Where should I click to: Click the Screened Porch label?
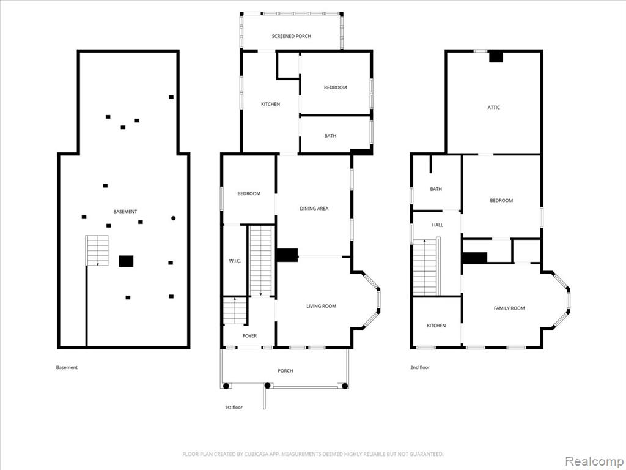click(292, 36)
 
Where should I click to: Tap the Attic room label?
click(493, 108)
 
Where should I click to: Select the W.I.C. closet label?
click(235, 261)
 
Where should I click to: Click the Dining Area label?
click(314, 208)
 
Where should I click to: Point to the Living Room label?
click(322, 306)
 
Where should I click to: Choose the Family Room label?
click(509, 308)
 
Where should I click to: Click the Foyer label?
click(250, 336)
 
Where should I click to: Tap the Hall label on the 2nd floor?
click(438, 225)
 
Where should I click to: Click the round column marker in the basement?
click(173, 218)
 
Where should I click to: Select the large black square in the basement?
click(126, 261)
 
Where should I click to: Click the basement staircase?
click(97, 250)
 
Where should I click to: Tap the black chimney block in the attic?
click(496, 57)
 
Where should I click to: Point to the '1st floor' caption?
click(234, 407)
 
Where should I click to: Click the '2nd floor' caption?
click(420, 367)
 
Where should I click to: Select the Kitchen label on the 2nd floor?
click(436, 326)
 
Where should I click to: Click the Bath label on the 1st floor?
click(330, 136)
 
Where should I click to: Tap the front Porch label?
click(285, 371)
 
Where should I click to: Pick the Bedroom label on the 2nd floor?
click(501, 200)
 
